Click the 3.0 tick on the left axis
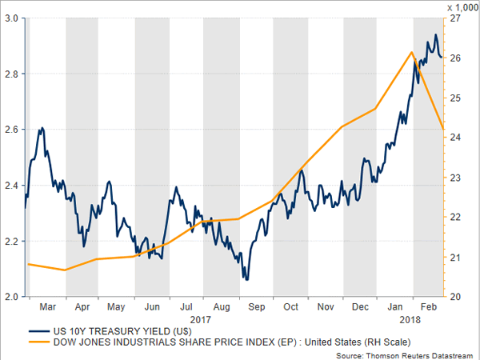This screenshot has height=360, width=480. pos(12,18)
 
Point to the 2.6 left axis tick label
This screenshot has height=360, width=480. pos(12,129)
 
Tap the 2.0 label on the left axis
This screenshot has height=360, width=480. pos(12,297)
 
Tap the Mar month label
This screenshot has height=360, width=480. pos(47,306)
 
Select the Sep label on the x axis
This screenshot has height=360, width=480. pos(256,306)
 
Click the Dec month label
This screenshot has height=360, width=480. pos(361,306)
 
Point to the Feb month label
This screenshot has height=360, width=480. pos(429,306)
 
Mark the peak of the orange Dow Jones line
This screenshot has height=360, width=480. pos(411,52)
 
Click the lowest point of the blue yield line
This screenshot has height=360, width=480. pos(246,279)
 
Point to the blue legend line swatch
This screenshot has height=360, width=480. pos(37,330)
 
